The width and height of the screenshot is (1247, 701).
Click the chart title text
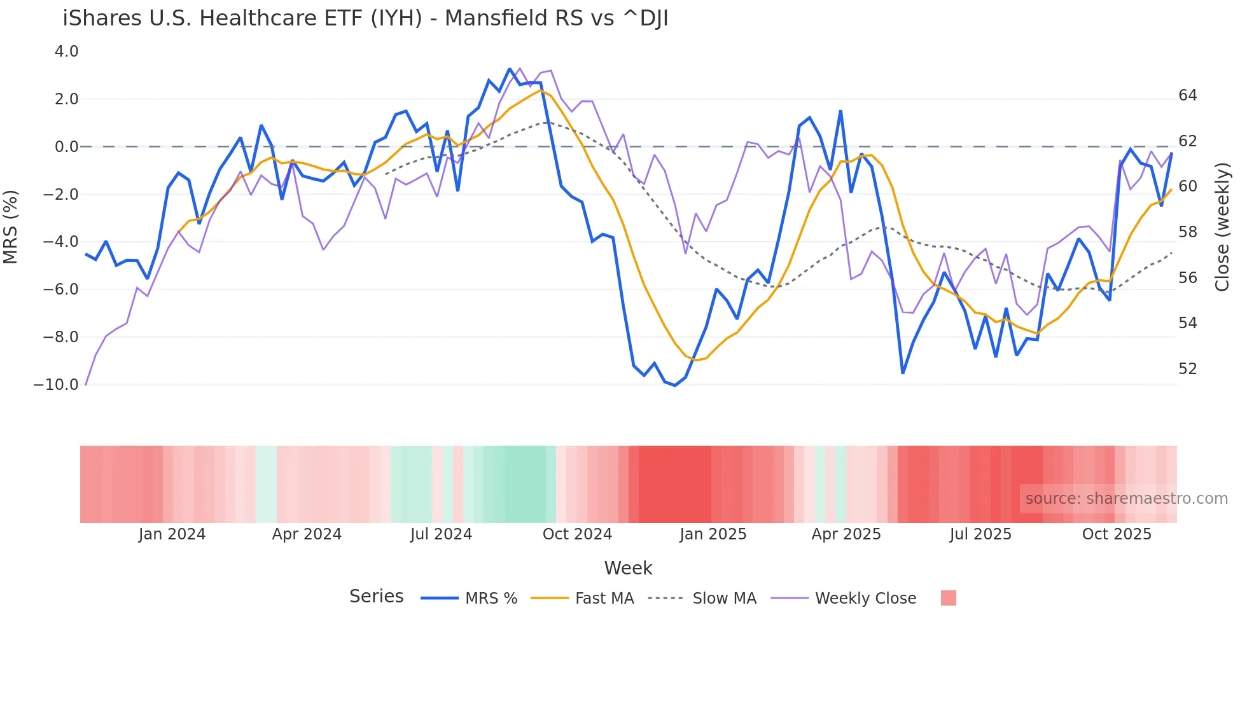coord(365,18)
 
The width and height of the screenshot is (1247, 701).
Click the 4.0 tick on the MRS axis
coord(66,52)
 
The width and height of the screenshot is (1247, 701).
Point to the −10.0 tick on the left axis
coord(56,385)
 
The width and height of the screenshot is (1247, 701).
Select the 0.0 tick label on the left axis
coord(66,147)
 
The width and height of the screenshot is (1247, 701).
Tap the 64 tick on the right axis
coord(1187,95)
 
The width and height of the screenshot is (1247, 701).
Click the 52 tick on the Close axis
coord(1187,369)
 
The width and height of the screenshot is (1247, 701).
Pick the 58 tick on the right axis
coord(1187,232)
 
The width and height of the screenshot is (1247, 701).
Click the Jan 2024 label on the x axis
coord(172,534)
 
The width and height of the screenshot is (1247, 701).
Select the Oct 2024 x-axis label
coord(577,534)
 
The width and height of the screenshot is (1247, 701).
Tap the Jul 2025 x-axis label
coord(980,534)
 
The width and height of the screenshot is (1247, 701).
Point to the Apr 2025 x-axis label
coord(846,534)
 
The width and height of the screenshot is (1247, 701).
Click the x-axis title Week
coord(628,568)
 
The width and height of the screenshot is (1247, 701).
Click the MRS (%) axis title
coord(11,226)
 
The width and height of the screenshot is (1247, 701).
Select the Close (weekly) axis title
coord(1222,227)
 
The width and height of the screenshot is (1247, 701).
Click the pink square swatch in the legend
coord(948,598)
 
